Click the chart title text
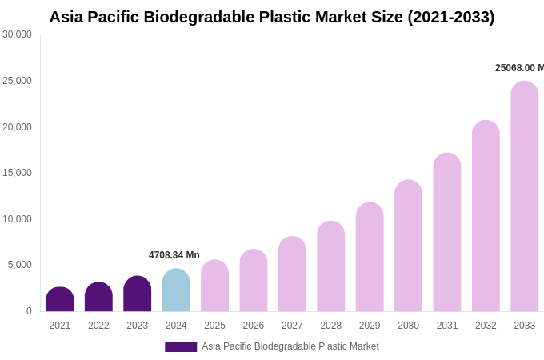click(x=272, y=17)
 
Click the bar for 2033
click(x=525, y=197)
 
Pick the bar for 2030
click(x=408, y=246)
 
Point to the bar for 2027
click(x=292, y=274)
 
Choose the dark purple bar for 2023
click(x=138, y=294)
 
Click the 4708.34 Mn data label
click(x=174, y=255)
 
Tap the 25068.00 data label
click(x=519, y=68)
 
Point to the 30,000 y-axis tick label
click(x=17, y=34)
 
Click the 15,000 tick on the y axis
click(x=17, y=173)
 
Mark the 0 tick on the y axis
click(x=29, y=311)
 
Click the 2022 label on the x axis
click(x=98, y=326)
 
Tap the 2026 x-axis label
click(x=254, y=326)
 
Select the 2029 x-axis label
click(x=370, y=326)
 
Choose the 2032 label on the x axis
click(x=486, y=326)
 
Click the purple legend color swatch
click(x=181, y=347)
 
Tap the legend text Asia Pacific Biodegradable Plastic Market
click(x=290, y=346)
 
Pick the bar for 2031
click(x=447, y=233)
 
